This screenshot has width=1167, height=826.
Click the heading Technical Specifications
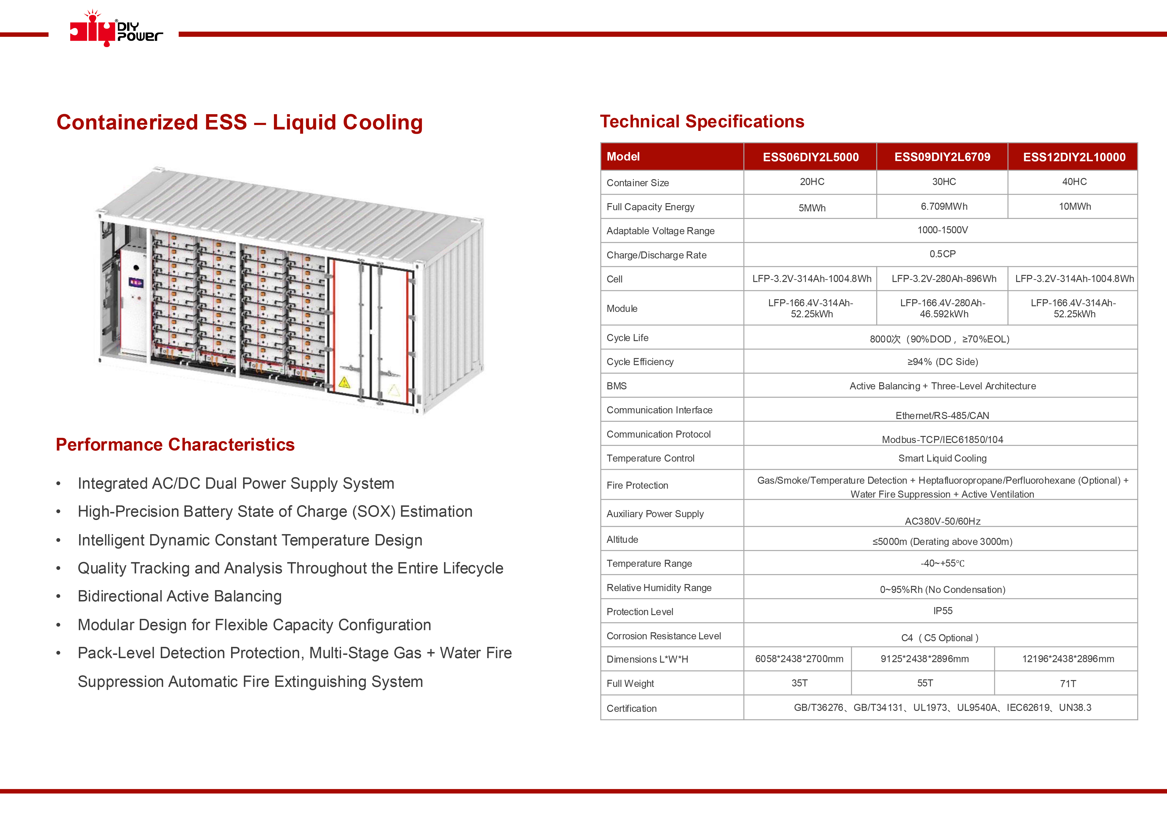pyautogui.click(x=702, y=121)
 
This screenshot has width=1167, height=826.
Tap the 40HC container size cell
pyautogui.click(x=1074, y=181)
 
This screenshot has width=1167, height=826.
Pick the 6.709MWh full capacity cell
pyautogui.click(x=944, y=206)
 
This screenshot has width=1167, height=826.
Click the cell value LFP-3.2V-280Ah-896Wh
pyautogui.click(x=944, y=279)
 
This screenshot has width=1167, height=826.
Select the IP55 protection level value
pyautogui.click(x=942, y=611)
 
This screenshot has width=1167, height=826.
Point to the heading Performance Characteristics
pyautogui.click(x=175, y=444)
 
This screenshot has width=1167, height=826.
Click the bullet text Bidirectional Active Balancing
pyautogui.click(x=180, y=596)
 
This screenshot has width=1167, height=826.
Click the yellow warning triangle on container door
pyautogui.click(x=344, y=383)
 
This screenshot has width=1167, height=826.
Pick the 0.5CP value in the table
pyautogui.click(x=942, y=254)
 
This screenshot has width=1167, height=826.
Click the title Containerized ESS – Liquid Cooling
pyautogui.click(x=240, y=123)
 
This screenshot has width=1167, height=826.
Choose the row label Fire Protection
pyautogui.click(x=637, y=485)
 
